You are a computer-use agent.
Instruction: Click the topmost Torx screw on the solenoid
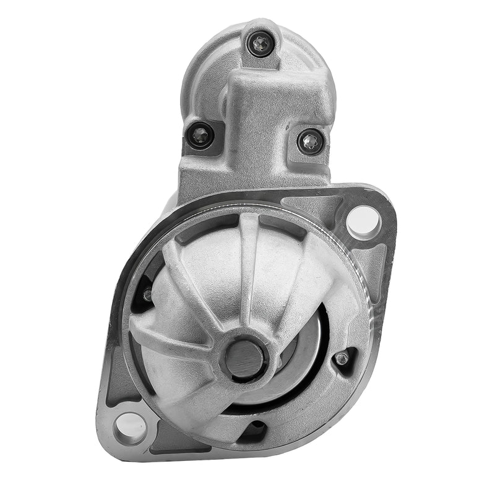pos(259,43)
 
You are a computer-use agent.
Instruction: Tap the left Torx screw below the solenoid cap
pos(201,134)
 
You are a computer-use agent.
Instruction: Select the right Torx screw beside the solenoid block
pos(309,142)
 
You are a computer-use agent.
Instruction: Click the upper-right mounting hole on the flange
pos(363,220)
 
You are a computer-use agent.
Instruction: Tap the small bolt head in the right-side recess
pos(341,359)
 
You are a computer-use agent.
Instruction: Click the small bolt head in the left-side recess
pos(147,295)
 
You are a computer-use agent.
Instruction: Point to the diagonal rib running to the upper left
pos(186,278)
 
